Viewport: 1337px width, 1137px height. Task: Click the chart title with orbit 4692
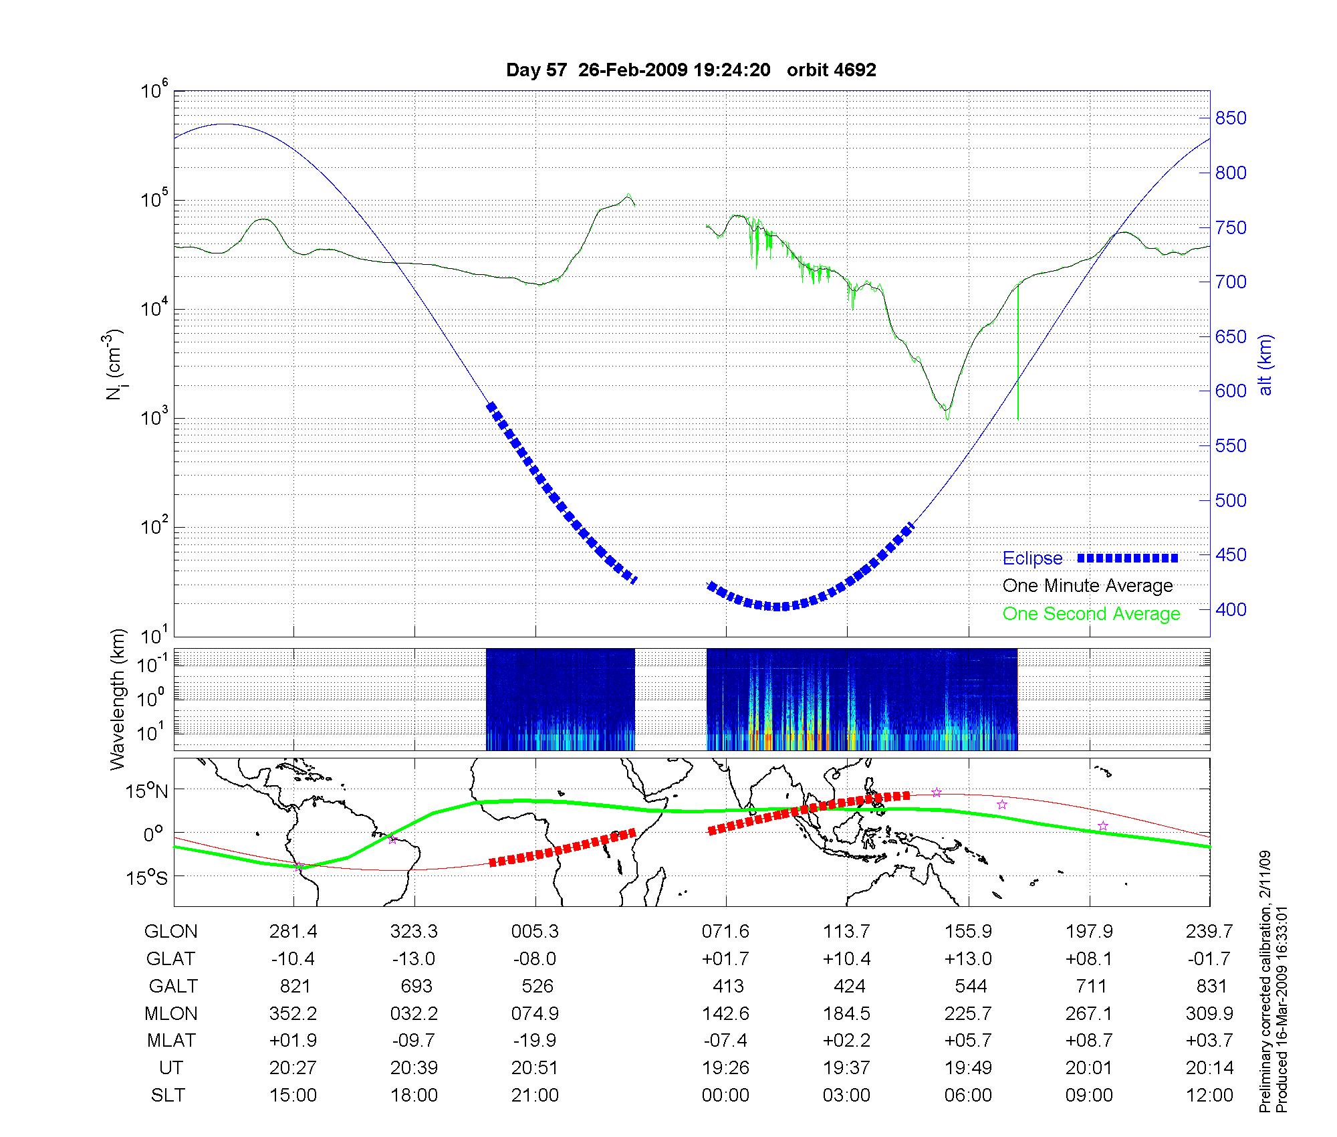[x=691, y=70]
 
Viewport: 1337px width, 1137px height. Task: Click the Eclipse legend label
[x=1032, y=558]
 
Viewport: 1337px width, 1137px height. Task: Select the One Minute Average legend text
[x=1088, y=586]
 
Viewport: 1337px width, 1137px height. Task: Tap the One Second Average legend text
[x=1091, y=614]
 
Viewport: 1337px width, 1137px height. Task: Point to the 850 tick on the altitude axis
[x=1230, y=118]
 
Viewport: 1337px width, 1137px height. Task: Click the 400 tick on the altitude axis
[x=1230, y=609]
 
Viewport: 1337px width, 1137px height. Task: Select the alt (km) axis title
[x=1265, y=365]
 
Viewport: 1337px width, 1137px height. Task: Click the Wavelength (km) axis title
[x=118, y=700]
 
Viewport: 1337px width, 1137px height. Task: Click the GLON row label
[x=170, y=932]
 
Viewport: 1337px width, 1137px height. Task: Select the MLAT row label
[x=171, y=1041]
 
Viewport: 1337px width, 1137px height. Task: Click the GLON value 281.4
[x=293, y=932]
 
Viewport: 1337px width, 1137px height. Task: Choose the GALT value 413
[x=728, y=987]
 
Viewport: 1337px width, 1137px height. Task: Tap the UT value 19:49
[x=968, y=1068]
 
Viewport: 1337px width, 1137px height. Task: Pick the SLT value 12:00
[x=1209, y=1096]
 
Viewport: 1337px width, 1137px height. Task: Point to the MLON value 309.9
[x=1209, y=1014]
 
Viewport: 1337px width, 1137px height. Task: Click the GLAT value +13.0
[x=968, y=959]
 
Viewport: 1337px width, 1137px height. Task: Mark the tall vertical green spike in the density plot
[x=1018, y=354]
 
